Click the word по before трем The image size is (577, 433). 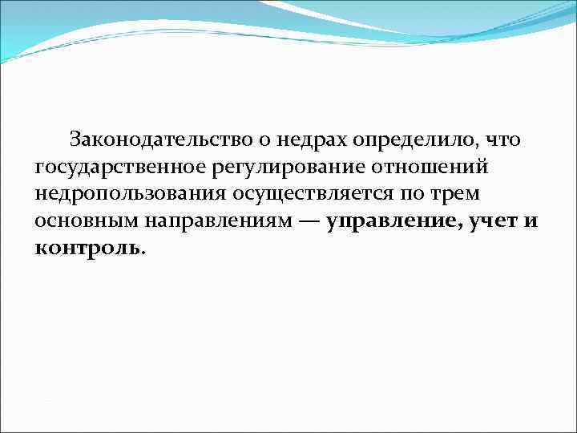pos(418,195)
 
